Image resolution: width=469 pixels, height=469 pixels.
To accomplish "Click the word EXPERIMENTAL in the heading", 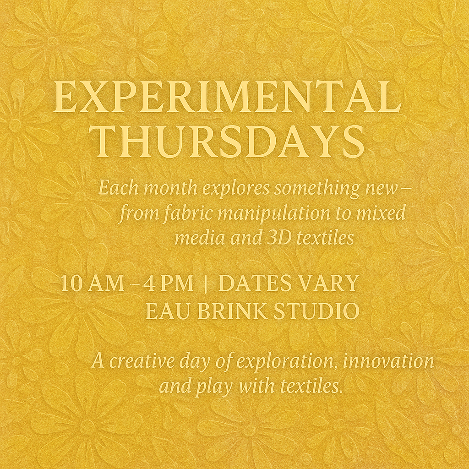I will coord(227,97).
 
